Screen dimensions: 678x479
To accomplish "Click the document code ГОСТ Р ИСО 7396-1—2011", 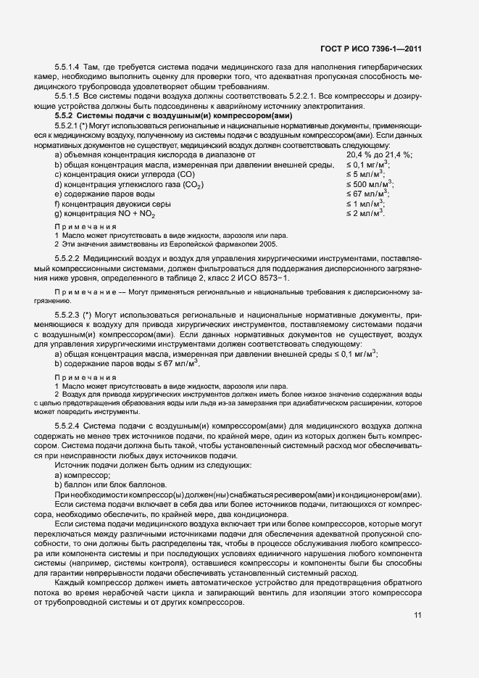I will [x=370, y=49].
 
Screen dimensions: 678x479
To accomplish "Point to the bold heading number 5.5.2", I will [x=64, y=116].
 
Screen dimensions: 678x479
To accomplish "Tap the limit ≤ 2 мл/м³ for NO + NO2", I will [x=365, y=215].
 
